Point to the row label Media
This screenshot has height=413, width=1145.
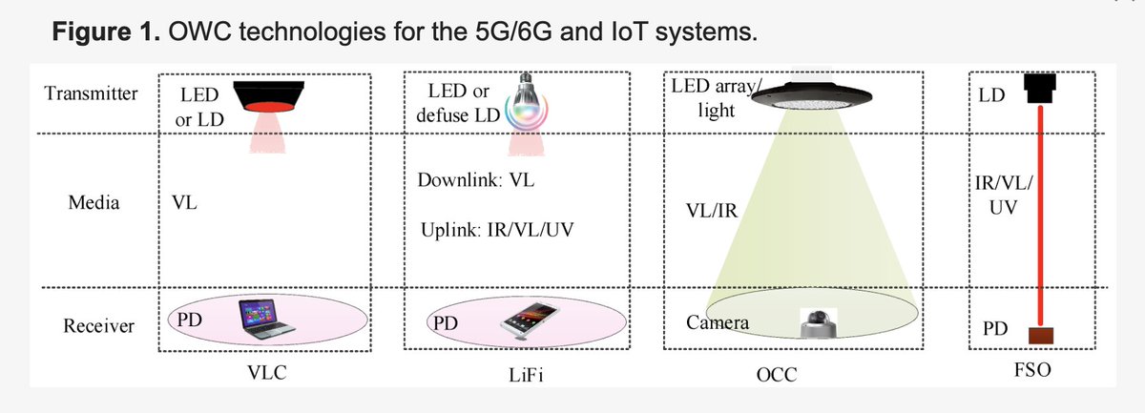point(94,203)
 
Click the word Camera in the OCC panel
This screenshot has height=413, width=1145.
point(718,323)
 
